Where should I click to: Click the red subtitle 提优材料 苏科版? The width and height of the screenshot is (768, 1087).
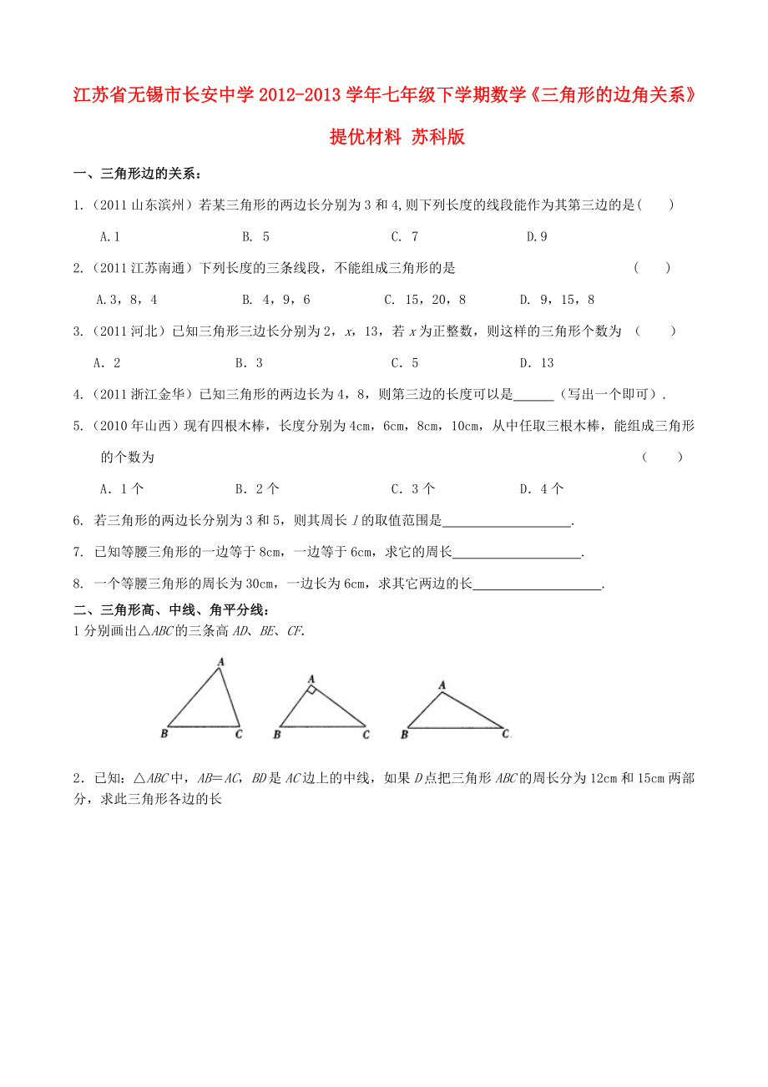(397, 138)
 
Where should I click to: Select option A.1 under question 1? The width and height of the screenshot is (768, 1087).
(110, 237)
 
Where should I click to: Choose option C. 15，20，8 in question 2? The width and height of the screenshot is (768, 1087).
(425, 300)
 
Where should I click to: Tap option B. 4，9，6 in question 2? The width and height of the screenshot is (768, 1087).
(275, 300)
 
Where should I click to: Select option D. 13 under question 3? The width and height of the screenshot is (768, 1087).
(537, 363)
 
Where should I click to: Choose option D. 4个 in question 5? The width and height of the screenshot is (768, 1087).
(542, 489)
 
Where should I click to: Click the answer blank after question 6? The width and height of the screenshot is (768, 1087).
(507, 521)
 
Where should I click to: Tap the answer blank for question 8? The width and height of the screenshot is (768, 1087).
(538, 584)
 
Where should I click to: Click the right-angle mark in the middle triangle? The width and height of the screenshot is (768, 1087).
(310, 690)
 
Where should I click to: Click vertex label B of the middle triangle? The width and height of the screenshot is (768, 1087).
(277, 735)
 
